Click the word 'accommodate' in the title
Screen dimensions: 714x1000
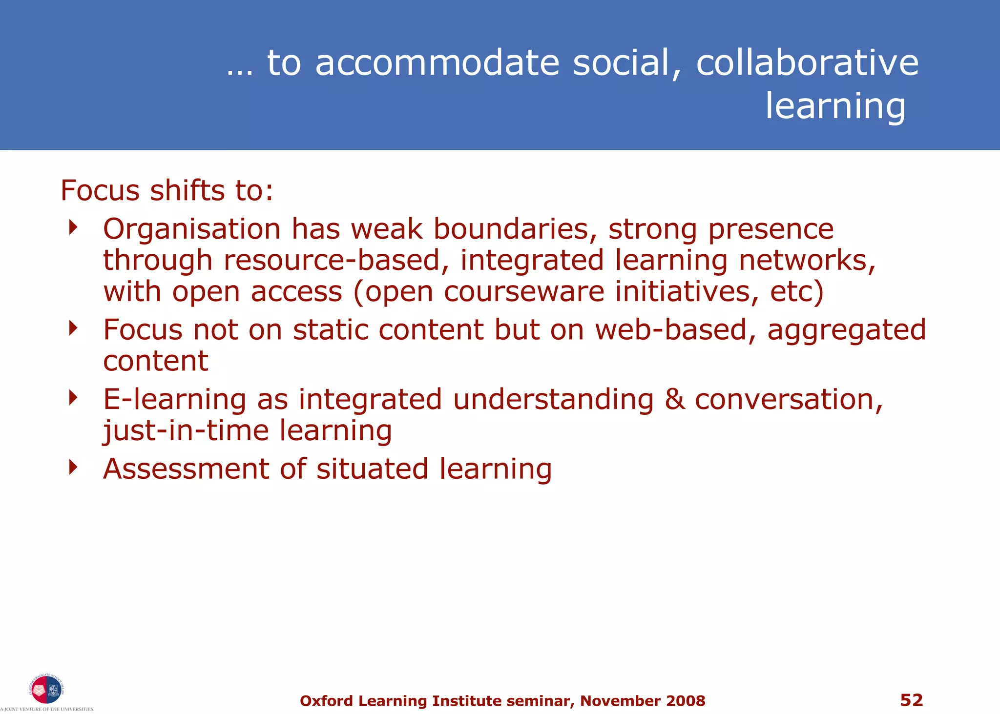point(437,63)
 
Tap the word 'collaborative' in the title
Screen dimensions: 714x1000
point(807,63)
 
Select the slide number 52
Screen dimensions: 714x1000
point(912,700)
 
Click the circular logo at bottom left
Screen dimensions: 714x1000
point(46,690)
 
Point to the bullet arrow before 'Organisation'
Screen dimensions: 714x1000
point(73,227)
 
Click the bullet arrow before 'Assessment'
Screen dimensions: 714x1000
point(73,467)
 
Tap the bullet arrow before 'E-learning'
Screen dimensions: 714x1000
point(73,397)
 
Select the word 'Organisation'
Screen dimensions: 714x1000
point(192,229)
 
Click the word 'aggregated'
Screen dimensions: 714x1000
point(847,330)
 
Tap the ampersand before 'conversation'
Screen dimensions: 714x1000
point(674,400)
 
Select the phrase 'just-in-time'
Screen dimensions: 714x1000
point(186,431)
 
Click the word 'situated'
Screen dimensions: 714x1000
point(372,469)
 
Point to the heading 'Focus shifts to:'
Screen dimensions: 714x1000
point(167,190)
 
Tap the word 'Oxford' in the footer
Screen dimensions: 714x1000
point(326,701)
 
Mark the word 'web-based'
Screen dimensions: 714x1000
point(671,330)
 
